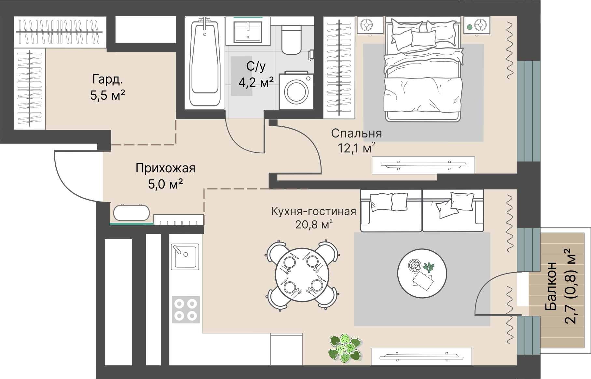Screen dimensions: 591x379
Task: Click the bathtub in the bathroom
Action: (x=205, y=63)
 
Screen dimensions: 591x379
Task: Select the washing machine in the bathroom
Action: (x=296, y=91)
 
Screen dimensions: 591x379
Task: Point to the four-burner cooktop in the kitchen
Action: (x=186, y=309)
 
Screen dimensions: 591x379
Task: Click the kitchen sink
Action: (x=185, y=257)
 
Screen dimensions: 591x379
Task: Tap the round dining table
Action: (x=302, y=275)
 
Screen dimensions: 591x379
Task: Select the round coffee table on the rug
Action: (x=422, y=274)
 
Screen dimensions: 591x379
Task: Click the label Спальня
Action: (x=356, y=133)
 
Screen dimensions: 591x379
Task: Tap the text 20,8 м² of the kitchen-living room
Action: (x=314, y=224)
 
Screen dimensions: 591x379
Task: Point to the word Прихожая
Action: (x=165, y=168)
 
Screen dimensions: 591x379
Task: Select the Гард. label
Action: (x=107, y=79)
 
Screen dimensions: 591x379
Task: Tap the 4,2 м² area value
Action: (x=256, y=82)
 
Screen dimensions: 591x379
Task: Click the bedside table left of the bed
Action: (x=370, y=25)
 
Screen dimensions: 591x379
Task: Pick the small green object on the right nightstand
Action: (x=469, y=27)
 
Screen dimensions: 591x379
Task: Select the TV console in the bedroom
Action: (x=423, y=165)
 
